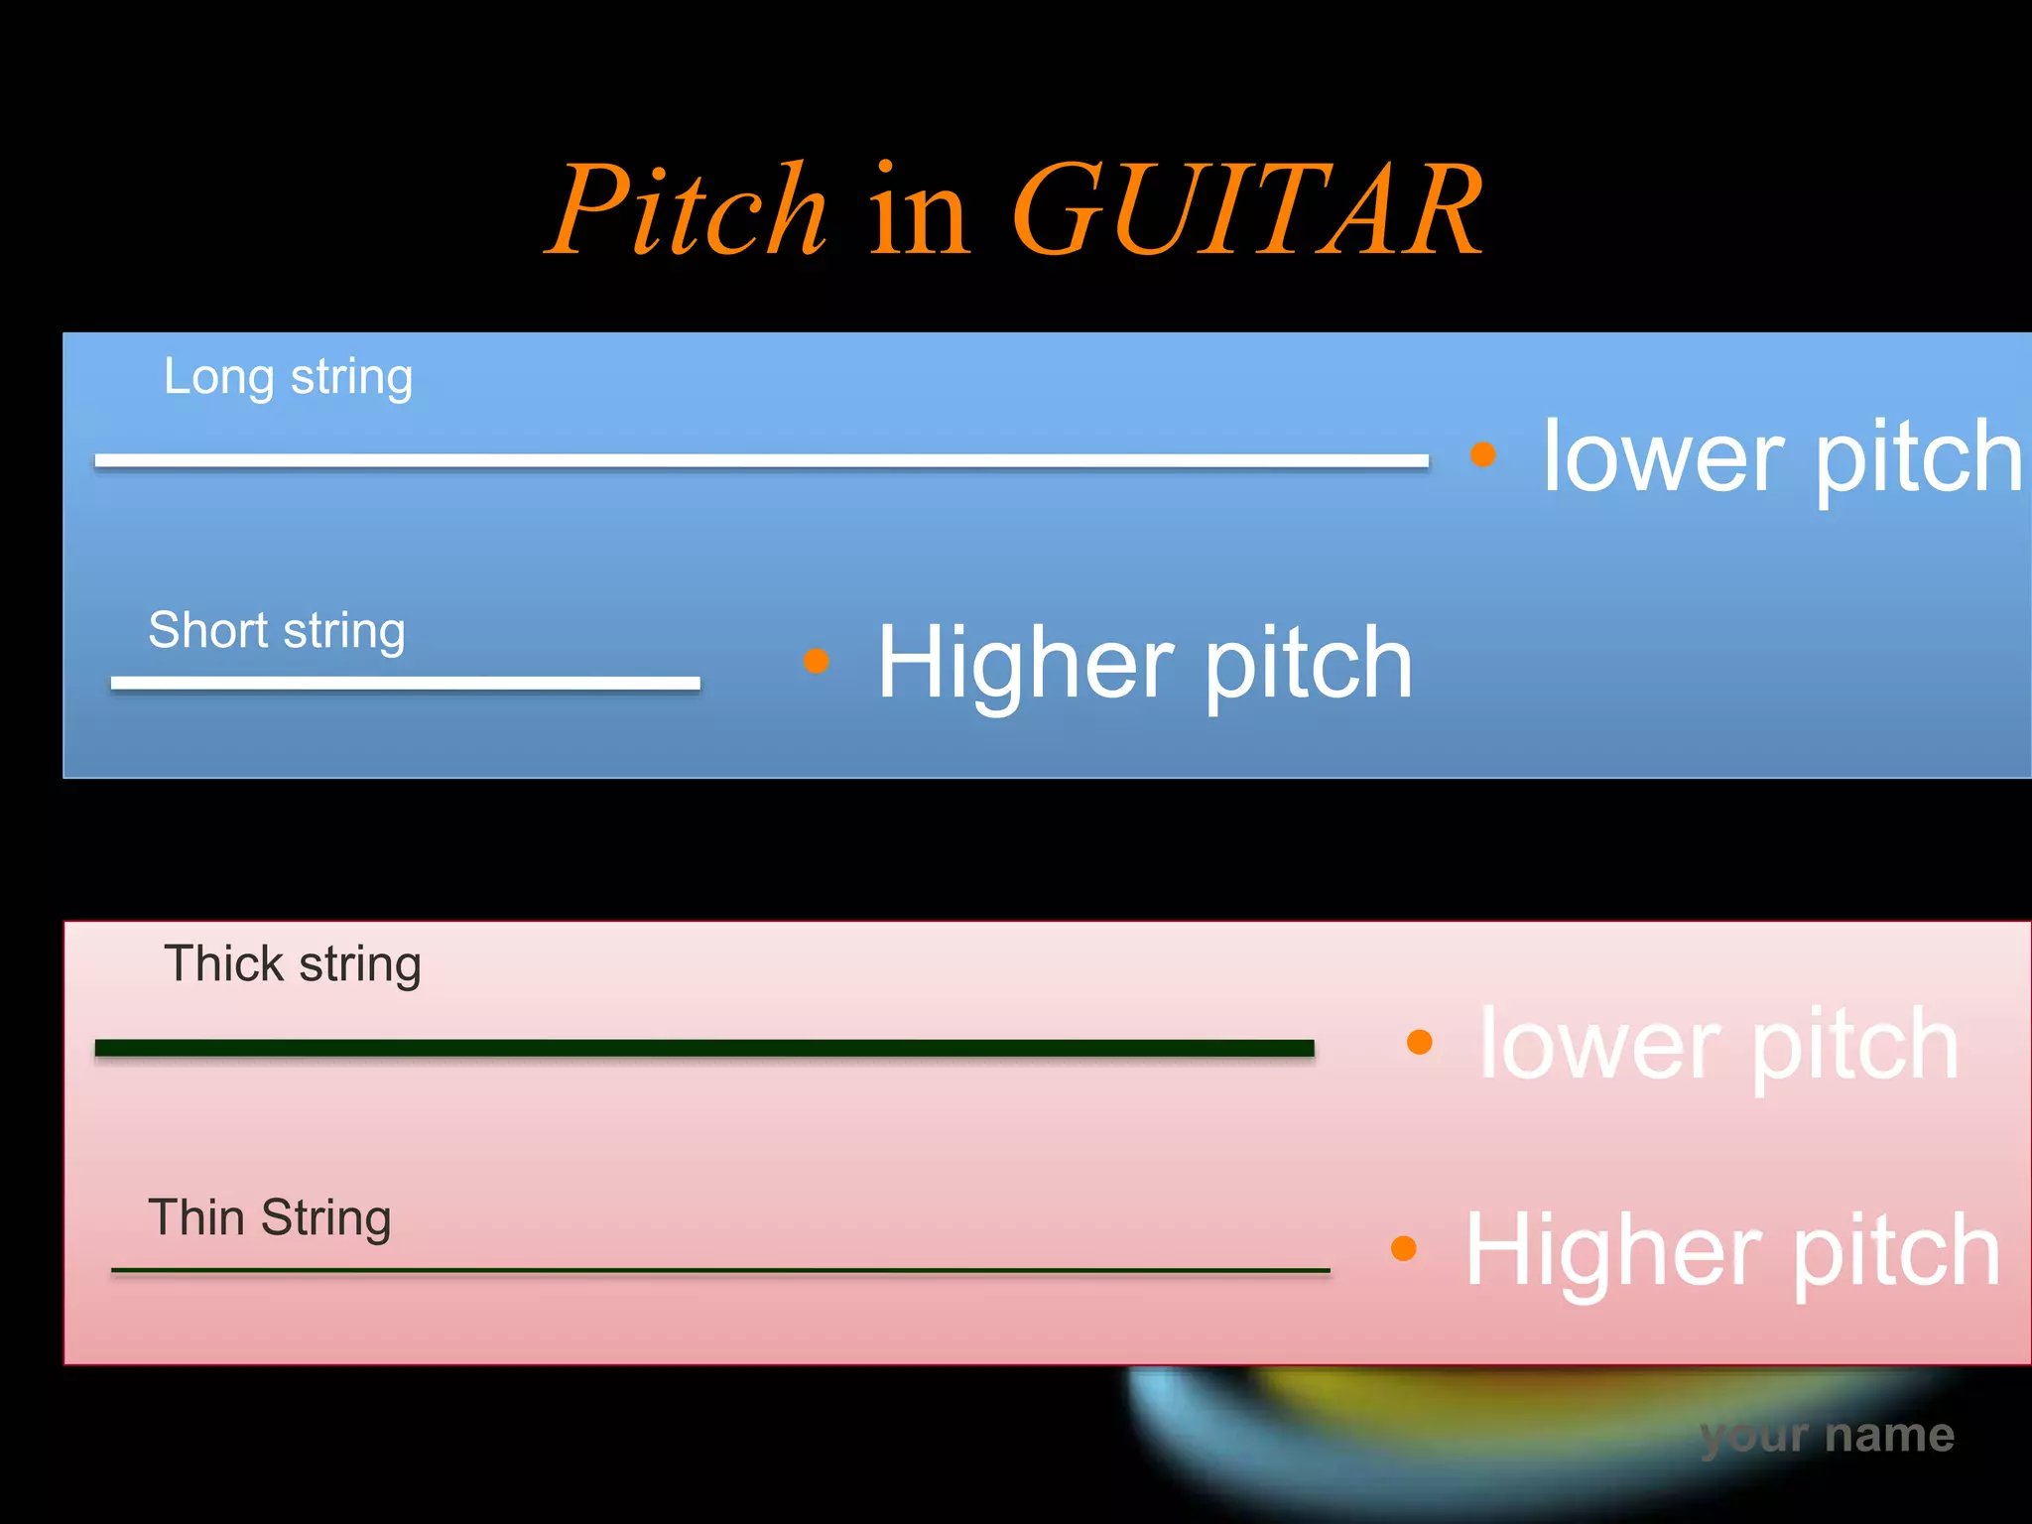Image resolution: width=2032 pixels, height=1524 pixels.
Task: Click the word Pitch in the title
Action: click(688, 210)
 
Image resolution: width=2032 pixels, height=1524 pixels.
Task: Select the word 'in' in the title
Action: click(919, 210)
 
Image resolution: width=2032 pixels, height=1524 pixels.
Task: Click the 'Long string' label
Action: click(288, 378)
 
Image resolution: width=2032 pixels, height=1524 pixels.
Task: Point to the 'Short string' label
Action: click(277, 631)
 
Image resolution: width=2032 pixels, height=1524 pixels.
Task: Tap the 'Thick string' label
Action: click(293, 964)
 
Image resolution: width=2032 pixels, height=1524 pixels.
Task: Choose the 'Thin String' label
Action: click(269, 1218)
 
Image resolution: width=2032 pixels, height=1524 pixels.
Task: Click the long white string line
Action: click(761, 461)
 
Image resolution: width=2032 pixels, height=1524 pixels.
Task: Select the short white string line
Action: click(405, 683)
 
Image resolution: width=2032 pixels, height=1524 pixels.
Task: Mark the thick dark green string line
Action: click(704, 1049)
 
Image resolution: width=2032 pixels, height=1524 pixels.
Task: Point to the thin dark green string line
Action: click(720, 1270)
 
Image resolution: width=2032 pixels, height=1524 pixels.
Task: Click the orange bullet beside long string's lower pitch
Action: click(1482, 454)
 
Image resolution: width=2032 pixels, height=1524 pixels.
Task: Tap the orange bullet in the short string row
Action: click(816, 661)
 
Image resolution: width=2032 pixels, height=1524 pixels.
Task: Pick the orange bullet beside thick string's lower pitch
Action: click(1420, 1042)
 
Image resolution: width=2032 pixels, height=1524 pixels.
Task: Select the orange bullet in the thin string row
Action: click(1404, 1248)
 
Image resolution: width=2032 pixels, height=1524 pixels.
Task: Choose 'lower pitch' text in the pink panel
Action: click(1718, 1046)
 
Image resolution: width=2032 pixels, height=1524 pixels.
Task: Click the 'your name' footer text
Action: click(1827, 1436)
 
